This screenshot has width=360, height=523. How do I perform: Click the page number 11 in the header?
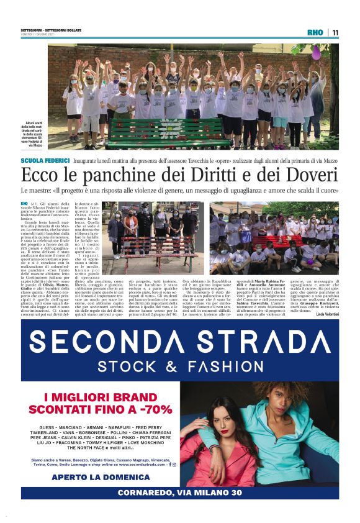tap(335, 32)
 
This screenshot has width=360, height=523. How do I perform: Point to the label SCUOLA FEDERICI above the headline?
tap(45, 160)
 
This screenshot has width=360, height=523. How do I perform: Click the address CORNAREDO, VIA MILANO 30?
tap(180, 493)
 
